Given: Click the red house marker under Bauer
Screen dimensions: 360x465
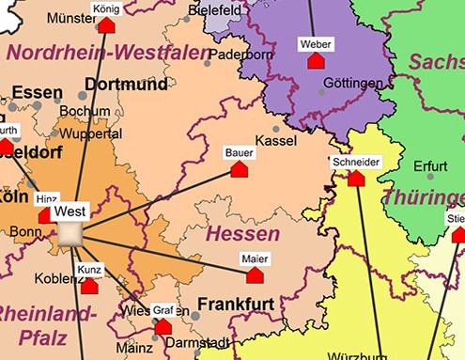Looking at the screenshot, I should [240, 170].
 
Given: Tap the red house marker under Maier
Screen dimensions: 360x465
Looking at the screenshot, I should [254, 275].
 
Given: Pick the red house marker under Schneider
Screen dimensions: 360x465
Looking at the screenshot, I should [356, 178].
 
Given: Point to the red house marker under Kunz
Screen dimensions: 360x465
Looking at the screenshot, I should [89, 286].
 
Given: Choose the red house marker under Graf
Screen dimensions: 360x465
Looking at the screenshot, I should [163, 326].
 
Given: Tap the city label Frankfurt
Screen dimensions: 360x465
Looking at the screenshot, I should [235, 305].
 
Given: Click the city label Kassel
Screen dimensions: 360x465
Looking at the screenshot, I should [276, 140].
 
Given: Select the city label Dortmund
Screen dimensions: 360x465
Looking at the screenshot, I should [126, 85].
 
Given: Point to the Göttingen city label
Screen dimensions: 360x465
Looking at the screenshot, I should [352, 83].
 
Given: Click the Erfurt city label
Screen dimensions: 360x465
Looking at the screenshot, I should [430, 166].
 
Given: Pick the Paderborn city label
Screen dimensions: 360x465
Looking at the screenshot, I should [240, 55].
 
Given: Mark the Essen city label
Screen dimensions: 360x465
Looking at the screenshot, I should [38, 94].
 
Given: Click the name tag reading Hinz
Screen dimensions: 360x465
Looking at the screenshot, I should [46, 199].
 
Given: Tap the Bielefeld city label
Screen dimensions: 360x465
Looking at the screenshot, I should [215, 9].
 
